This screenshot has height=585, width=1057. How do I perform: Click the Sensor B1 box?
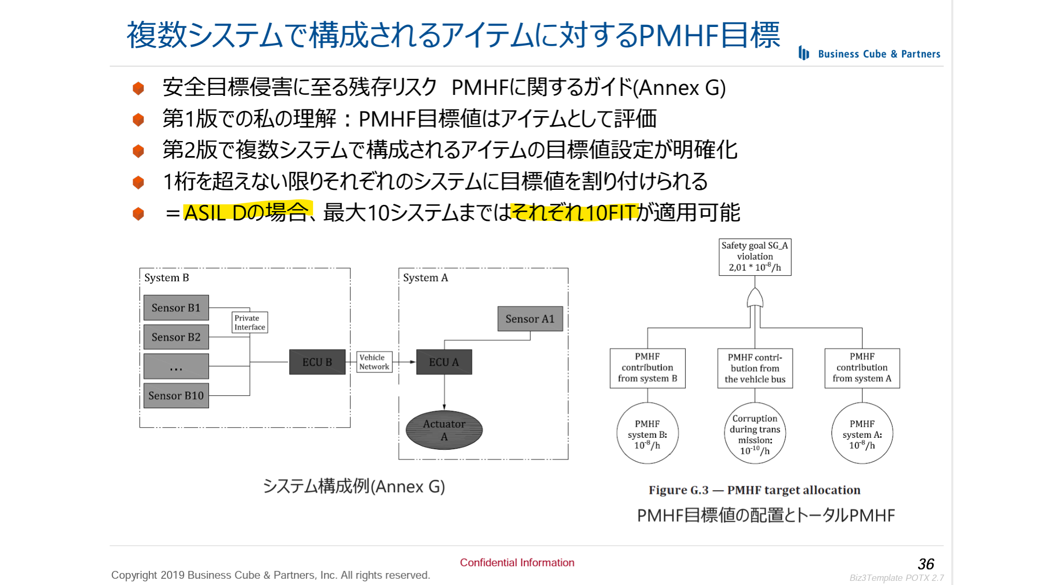pyautogui.click(x=176, y=308)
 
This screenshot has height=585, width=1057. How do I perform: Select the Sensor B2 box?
pyautogui.click(x=176, y=337)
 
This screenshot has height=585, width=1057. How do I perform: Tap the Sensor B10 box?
pyautogui.click(x=176, y=395)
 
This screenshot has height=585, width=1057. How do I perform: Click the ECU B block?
pyautogui.click(x=317, y=362)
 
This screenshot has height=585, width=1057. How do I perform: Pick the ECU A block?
pyautogui.click(x=444, y=362)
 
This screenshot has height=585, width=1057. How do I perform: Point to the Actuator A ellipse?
pyautogui.click(x=444, y=430)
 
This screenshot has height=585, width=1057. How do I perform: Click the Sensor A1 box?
pyautogui.click(x=530, y=318)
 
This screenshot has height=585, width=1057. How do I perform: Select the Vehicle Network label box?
pyautogui.click(x=374, y=362)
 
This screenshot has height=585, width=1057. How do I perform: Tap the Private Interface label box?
pyautogui.click(x=249, y=323)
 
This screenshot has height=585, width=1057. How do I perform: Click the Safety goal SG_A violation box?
pyautogui.click(x=755, y=257)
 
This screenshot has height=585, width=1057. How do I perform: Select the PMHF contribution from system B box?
pyautogui.click(x=647, y=368)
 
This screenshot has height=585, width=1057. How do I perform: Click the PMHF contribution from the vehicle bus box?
pyautogui.click(x=755, y=368)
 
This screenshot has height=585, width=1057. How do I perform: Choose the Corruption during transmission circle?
pyautogui.click(x=755, y=434)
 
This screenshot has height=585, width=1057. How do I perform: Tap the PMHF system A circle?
pyautogui.click(x=862, y=434)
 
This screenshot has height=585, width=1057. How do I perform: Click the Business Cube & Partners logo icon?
pyautogui.click(x=804, y=53)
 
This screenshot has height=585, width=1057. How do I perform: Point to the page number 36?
pyautogui.click(x=925, y=564)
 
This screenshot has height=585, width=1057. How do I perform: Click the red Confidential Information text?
pyautogui.click(x=517, y=563)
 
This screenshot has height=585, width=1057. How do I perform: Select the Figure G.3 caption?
pyautogui.click(x=754, y=490)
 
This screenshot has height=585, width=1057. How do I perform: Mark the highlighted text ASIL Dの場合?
pyautogui.click(x=247, y=212)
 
